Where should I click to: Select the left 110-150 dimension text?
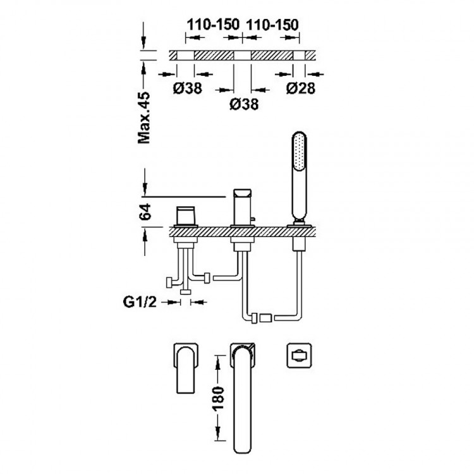[x=212, y=25]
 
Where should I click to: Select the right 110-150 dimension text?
[x=272, y=25]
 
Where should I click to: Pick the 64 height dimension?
[x=146, y=212]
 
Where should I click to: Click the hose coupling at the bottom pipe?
[x=264, y=315]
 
